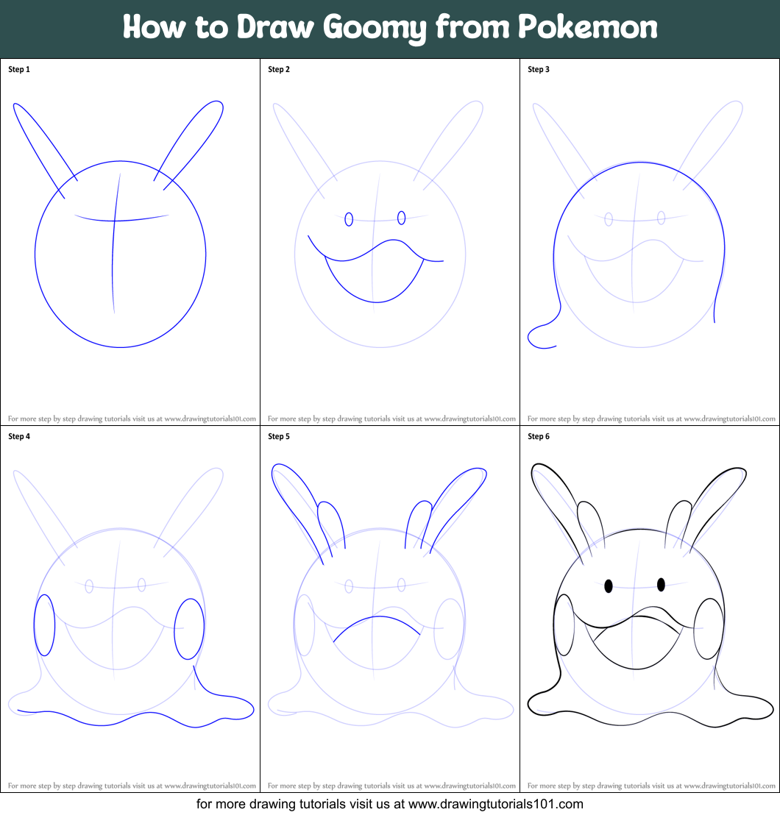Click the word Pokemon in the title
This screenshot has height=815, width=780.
coord(587,27)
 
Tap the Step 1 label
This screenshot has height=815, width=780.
coord(19,70)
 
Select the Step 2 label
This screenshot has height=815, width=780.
coord(279,70)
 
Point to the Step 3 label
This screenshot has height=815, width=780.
coord(539,70)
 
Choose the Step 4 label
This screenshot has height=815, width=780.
coord(19,437)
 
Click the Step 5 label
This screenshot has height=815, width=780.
coord(279,437)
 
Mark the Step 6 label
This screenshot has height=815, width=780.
coord(539,437)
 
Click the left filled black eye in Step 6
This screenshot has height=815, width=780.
coord(609,586)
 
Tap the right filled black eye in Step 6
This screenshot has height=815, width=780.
coord(661,584)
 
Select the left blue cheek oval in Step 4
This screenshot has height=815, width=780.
coord(44,625)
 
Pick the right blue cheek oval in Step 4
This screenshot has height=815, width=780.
coord(188,629)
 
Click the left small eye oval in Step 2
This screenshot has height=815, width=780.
coord(349,219)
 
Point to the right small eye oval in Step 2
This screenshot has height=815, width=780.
coord(401,218)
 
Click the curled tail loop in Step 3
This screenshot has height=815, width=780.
coord(539,337)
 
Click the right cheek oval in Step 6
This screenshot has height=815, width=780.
coord(709,629)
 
